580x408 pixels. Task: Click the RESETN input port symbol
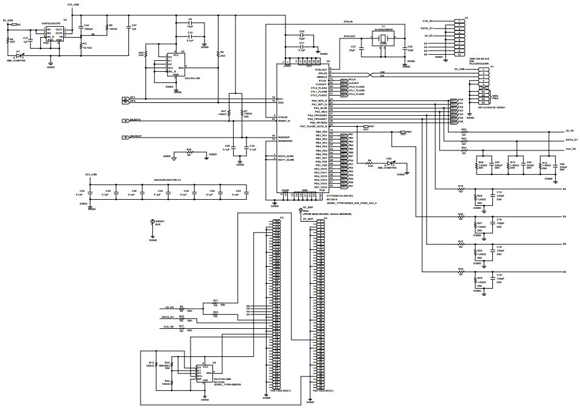[125, 120]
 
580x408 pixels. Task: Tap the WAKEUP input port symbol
[125, 137]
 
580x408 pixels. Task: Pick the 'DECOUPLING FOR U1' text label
[167, 181]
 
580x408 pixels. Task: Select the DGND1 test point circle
[152, 222]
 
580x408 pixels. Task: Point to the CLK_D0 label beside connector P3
[428, 21]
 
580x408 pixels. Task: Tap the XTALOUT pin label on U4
[321, 70]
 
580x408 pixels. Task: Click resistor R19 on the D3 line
[461, 189]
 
